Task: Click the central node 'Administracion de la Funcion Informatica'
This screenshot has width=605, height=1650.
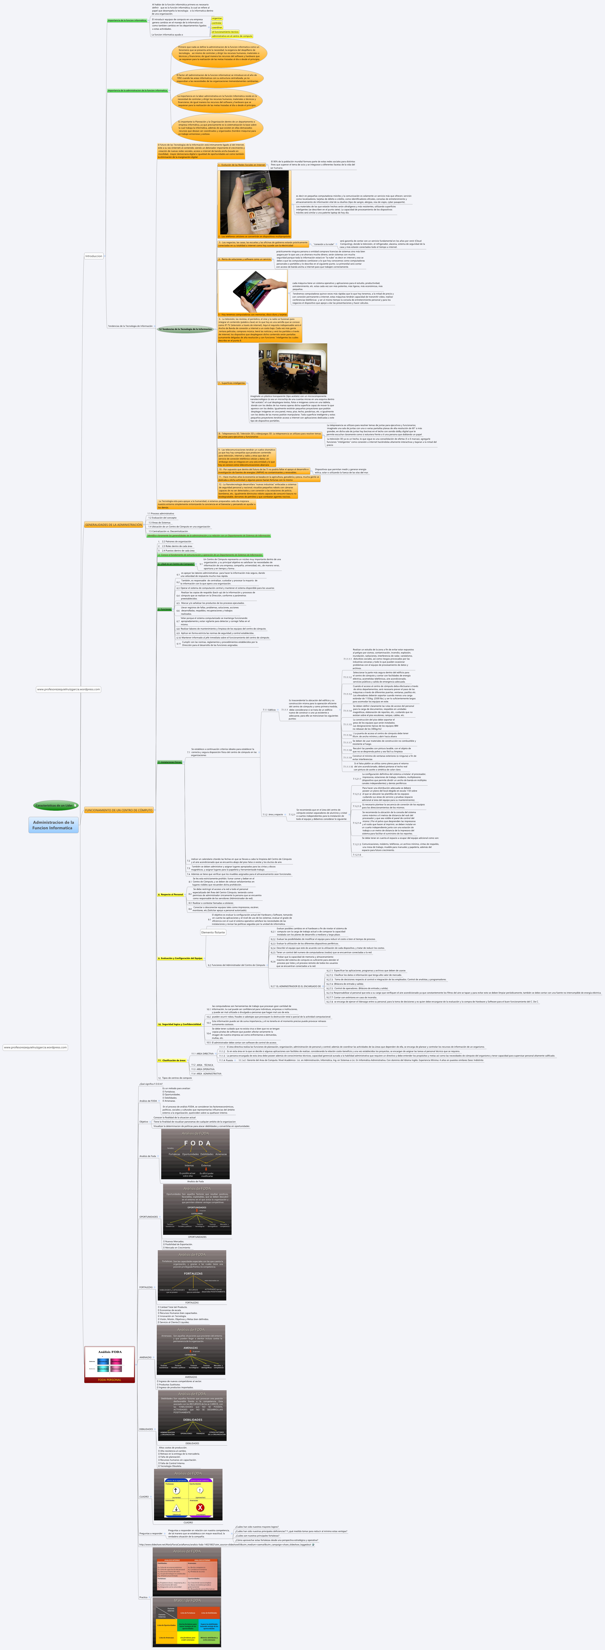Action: point(53,825)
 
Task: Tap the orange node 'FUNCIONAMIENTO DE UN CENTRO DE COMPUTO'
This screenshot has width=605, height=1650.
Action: point(119,810)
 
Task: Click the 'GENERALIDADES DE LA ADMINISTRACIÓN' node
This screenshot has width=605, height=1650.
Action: point(113,525)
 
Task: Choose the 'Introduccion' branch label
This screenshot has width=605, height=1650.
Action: point(94,256)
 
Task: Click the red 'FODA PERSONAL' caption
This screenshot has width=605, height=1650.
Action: point(109,1380)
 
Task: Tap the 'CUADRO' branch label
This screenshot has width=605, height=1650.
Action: point(144,1497)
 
